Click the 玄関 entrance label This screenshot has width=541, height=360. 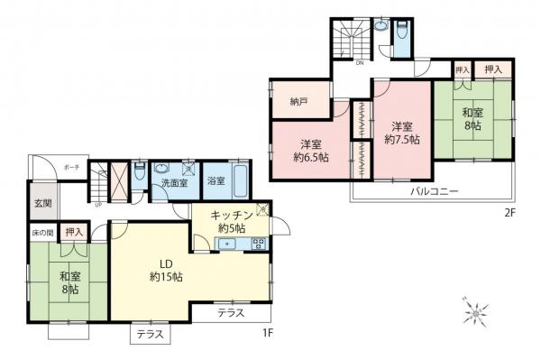tap(41, 204)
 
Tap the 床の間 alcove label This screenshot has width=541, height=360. tap(42, 233)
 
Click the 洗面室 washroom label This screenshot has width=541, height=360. tap(174, 184)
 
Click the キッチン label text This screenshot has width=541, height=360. tap(231, 215)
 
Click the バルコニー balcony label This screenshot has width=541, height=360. tap(435, 192)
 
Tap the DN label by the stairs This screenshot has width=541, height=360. tap(359, 63)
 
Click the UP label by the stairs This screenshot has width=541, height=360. tap(98, 204)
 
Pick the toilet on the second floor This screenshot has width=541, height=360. tap(382, 27)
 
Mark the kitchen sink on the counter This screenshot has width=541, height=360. tap(257, 242)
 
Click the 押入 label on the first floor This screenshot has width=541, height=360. tap(76, 233)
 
